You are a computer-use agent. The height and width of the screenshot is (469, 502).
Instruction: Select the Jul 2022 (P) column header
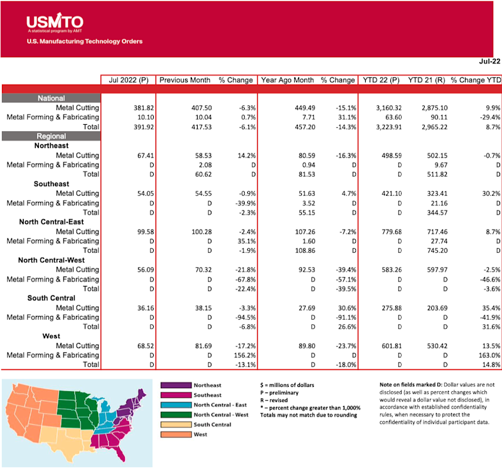[x=128, y=80]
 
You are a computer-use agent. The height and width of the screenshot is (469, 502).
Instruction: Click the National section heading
[x=51, y=98]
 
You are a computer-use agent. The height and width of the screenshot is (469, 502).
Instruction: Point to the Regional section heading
[x=51, y=136]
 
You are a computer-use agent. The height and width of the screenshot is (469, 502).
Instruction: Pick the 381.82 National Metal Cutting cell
[x=136, y=108]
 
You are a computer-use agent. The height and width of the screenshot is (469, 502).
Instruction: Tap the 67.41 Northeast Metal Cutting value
[x=138, y=155]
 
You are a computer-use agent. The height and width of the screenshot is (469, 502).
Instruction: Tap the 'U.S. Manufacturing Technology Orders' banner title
[x=85, y=42]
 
